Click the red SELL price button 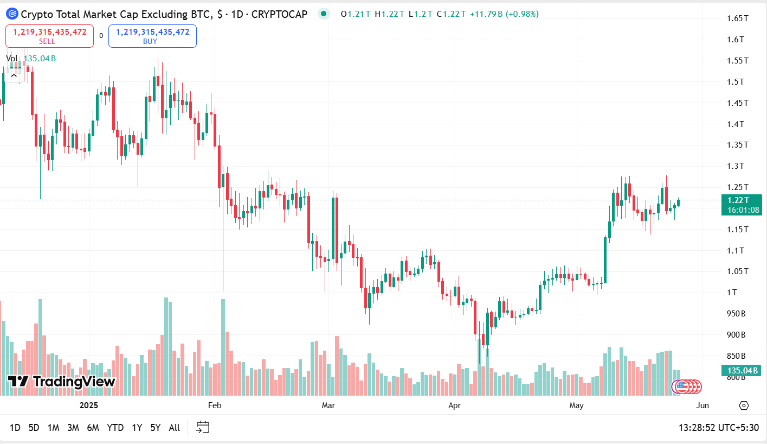click(49, 36)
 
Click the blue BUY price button click(152, 36)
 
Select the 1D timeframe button click(15, 428)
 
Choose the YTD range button click(115, 428)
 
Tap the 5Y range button click(155, 428)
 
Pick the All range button click(174, 428)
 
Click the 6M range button click(93, 428)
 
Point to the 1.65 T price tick click(737, 18)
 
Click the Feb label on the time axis click(215, 405)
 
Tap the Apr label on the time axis click(454, 405)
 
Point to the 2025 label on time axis click(88, 405)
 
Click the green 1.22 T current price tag click(741, 205)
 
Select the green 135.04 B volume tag click(740, 371)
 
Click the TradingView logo click(61, 382)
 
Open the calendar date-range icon click(203, 428)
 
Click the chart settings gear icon click(744, 405)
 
